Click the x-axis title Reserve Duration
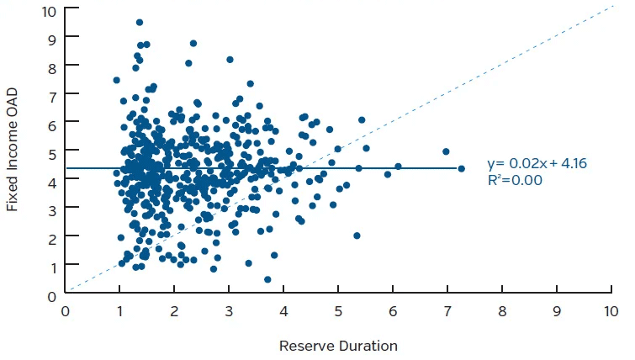338,346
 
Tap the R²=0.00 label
515,180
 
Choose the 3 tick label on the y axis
51,209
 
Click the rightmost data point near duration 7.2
461,168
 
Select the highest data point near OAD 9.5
140,23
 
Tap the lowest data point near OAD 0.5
267,279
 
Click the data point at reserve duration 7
446,152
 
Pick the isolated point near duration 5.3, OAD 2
357,236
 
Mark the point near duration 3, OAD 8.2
230,60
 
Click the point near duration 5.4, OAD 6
362,120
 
